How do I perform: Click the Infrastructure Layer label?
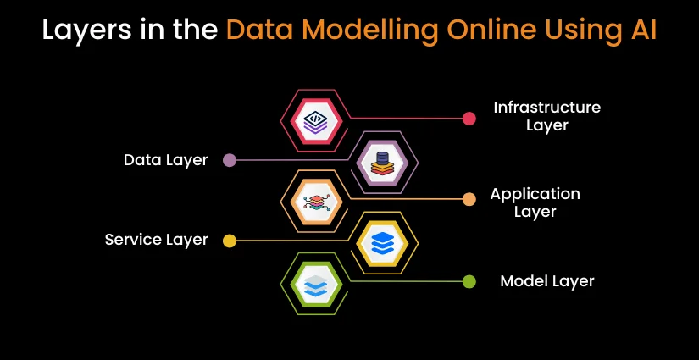point(547,116)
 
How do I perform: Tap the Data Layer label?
point(166,160)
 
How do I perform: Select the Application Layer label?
point(535,202)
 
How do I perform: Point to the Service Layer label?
point(157,240)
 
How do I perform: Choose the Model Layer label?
point(547,281)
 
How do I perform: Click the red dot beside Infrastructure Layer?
point(469,119)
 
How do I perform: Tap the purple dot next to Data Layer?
point(229,160)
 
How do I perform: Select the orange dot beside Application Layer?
point(469,199)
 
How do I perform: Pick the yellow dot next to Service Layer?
point(229,241)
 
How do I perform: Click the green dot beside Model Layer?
point(469,281)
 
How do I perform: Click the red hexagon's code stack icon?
point(316,121)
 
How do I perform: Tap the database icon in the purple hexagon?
point(382,163)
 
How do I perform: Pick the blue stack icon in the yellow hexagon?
point(382,243)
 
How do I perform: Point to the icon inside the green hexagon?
point(316,285)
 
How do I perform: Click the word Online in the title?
point(493,30)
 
